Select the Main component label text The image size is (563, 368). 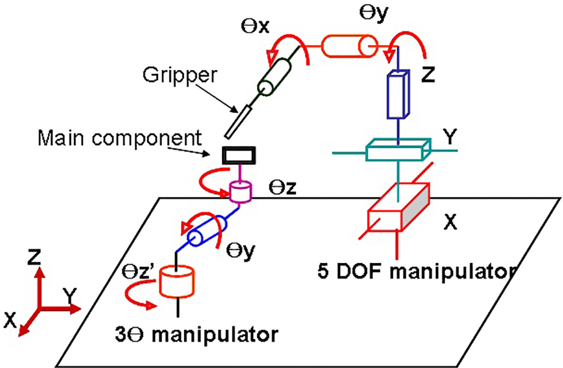120,138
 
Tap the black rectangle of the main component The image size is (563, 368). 239,156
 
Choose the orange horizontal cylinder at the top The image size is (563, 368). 349,46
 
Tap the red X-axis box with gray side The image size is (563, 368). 398,208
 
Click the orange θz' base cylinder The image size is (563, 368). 177,282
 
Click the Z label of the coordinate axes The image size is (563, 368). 34,257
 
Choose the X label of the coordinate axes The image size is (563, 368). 10,320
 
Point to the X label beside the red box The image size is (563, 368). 450,222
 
